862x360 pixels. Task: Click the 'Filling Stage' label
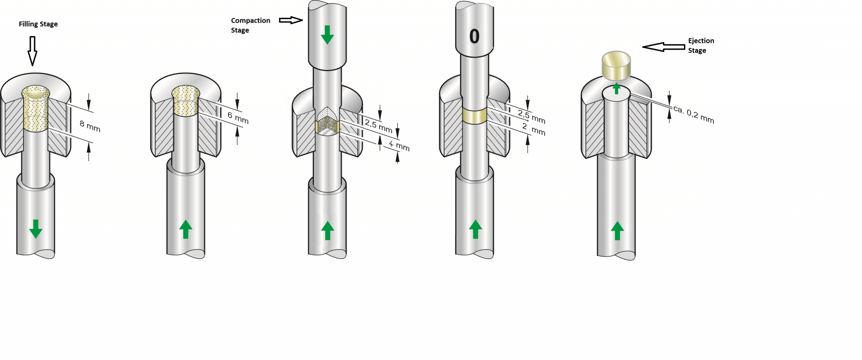(x=38, y=24)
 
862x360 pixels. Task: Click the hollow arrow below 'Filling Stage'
(x=32, y=51)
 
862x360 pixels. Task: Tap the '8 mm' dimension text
(x=90, y=126)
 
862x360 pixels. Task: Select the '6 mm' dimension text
(x=238, y=117)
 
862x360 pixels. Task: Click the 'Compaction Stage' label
(x=250, y=25)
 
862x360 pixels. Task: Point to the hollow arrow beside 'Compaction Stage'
(x=291, y=20)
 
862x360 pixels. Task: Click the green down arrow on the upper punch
(x=327, y=35)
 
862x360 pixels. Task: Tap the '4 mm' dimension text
(x=399, y=146)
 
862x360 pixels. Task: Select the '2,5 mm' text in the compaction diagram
(x=378, y=126)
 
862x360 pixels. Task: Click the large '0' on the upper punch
(x=474, y=37)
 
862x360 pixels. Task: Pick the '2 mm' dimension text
(x=534, y=129)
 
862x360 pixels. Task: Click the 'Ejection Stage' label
(x=701, y=45)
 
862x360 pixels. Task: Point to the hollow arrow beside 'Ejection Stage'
(x=664, y=47)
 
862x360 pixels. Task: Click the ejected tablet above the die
(x=616, y=65)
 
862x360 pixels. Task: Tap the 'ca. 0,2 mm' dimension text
(x=694, y=114)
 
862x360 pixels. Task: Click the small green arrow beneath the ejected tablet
(x=617, y=88)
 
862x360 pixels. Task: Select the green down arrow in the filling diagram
(x=36, y=229)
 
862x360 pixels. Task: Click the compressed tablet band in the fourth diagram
(x=474, y=115)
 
